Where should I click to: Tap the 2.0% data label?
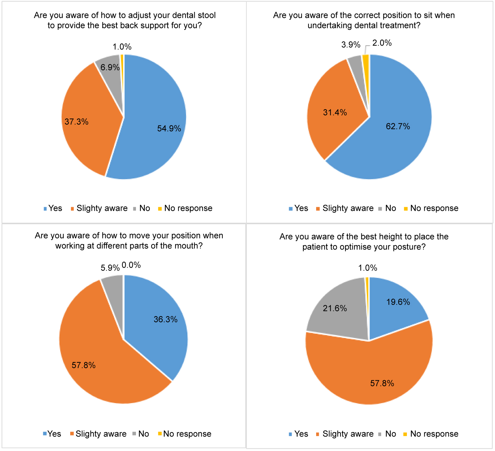382,43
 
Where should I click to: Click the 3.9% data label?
351,45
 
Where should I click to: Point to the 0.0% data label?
131,265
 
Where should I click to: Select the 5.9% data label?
110,268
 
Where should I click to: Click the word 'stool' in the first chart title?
206,15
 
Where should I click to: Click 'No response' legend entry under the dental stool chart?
188,208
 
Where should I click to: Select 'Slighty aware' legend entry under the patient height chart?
348,434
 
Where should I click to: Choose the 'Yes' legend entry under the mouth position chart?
54,434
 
